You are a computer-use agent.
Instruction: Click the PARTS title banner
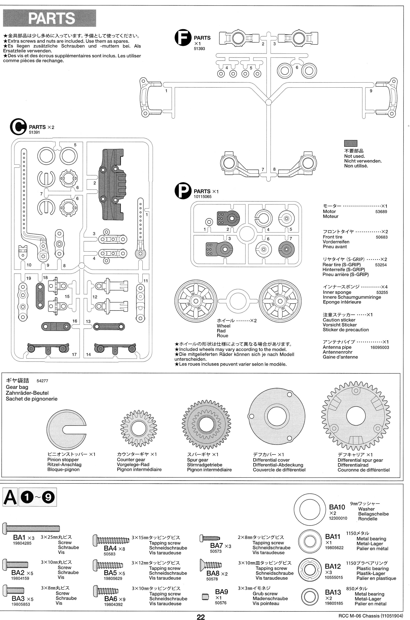pyautogui.click(x=49, y=18)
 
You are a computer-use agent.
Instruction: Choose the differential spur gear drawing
pyautogui.click(x=356, y=416)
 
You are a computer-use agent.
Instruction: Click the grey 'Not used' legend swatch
pyautogui.click(x=350, y=143)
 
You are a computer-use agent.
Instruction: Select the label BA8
pyautogui.click(x=213, y=573)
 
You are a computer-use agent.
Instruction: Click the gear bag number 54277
pyautogui.click(x=42, y=381)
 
